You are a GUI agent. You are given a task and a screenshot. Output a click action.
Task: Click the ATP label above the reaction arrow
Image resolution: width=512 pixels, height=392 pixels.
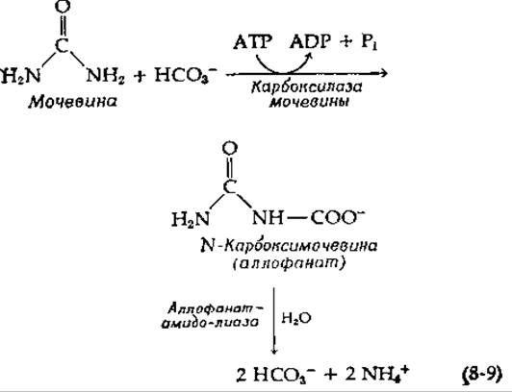coord(252,42)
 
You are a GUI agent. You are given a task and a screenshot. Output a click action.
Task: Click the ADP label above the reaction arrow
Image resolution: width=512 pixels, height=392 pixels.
coord(310,42)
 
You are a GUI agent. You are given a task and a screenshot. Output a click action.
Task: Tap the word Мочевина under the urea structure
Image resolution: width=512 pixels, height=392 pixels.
coord(72,102)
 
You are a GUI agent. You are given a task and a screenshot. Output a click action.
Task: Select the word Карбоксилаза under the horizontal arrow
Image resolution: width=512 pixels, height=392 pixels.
coord(307,87)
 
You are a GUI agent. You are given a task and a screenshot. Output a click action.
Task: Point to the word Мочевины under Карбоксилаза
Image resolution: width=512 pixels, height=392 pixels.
coord(309,102)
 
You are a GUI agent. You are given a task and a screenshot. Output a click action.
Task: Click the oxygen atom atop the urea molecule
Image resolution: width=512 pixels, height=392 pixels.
coord(63,7)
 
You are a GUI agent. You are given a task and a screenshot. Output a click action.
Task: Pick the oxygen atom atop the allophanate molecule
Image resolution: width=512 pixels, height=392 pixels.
coord(230,149)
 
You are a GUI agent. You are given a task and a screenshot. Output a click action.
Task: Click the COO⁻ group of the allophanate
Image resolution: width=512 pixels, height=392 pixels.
coord(337,218)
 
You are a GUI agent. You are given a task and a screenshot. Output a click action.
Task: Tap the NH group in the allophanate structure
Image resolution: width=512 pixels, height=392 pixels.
coord(268,218)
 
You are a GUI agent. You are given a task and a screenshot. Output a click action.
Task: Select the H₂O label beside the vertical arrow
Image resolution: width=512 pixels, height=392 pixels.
coord(296,318)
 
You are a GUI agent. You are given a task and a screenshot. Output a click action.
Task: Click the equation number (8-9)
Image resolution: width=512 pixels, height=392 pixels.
coord(482,375)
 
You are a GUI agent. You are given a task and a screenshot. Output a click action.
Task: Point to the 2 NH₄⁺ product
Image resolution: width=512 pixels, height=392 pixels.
coord(376,375)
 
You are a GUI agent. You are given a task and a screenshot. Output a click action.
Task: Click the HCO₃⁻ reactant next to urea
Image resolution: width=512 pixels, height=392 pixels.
coord(186,76)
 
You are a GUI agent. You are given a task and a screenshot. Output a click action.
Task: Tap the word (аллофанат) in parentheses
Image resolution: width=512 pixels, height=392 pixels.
coord(289,263)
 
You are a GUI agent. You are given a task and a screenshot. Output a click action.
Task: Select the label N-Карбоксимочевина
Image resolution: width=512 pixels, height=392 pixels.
coord(289,246)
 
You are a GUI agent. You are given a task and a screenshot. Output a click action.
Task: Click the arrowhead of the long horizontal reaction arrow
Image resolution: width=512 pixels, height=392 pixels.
coord(384,74)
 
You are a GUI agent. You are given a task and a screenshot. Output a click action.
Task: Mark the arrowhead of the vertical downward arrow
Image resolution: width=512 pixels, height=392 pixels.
coord(274,350)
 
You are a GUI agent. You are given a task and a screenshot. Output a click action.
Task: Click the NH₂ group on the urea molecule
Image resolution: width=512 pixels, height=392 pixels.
coord(105,76)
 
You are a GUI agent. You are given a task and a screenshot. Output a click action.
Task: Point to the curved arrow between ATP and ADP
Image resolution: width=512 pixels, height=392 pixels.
coord(283,72)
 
